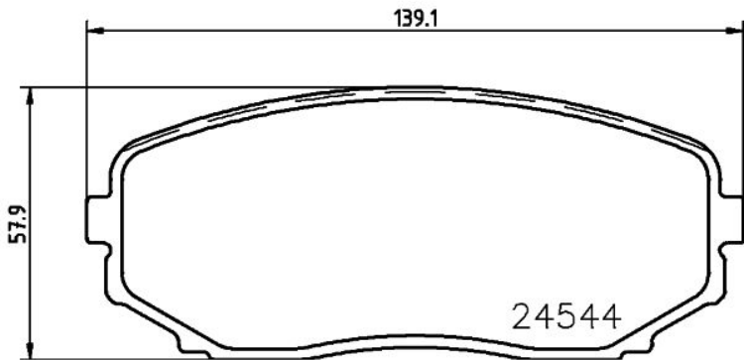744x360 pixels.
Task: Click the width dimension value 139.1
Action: coord(407,17)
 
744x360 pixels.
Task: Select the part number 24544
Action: coord(565,316)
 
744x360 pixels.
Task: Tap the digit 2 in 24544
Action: coord(523,316)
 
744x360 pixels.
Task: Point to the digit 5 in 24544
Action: coord(565,316)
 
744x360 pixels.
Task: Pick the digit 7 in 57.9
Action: coord(14,233)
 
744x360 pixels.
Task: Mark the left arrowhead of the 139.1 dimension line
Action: coord(95,30)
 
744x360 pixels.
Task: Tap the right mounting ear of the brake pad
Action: coord(731,220)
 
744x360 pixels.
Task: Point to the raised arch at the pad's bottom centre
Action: coord(412,346)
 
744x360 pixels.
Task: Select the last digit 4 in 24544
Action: coord(608,316)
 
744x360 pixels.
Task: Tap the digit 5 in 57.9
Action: coord(14,242)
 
